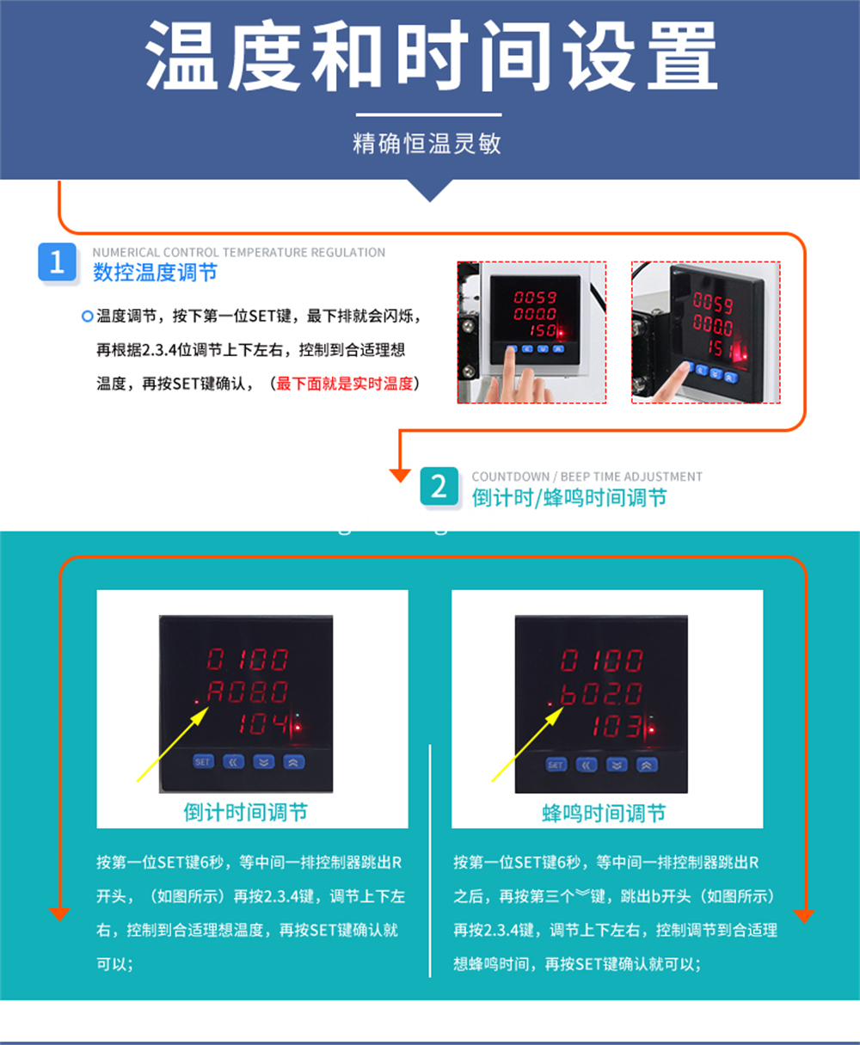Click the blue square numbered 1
[x=57, y=261]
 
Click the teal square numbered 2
[x=439, y=486]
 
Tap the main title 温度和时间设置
[x=431, y=56]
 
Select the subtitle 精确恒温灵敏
[x=427, y=144]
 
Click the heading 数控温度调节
[x=155, y=273]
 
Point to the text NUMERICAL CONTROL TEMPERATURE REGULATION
[x=239, y=252]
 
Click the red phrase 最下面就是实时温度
[x=344, y=384]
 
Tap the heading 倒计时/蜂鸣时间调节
[x=568, y=497]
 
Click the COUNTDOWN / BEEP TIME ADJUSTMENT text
[x=587, y=476]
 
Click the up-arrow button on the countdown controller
[x=294, y=762]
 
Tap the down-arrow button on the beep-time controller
[x=617, y=765]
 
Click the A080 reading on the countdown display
[x=247, y=692]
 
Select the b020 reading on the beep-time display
[x=601, y=694]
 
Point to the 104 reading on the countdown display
[x=263, y=724]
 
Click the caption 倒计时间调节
[x=246, y=813]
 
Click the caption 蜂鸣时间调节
[x=604, y=814]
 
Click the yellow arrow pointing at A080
[x=172, y=744]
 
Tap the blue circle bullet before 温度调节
[x=87, y=317]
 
